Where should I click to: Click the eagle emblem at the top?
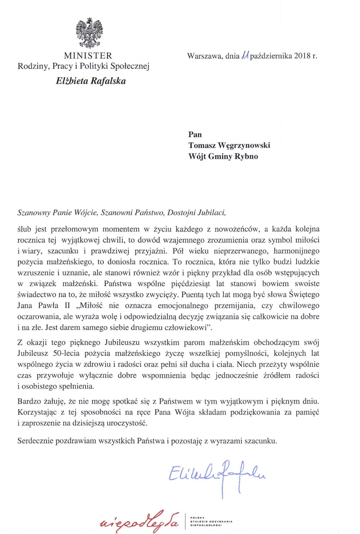[89, 33]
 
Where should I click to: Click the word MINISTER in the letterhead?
[88, 56]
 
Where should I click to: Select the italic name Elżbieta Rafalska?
[91, 81]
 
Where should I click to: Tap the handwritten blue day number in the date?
[245, 55]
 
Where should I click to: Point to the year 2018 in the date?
[302, 56]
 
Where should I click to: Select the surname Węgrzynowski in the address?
[244, 145]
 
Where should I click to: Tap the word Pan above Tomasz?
[195, 134]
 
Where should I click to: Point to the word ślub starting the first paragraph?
[24, 229]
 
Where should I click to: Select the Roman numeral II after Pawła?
[67, 305]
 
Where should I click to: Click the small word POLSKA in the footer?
[197, 517]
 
